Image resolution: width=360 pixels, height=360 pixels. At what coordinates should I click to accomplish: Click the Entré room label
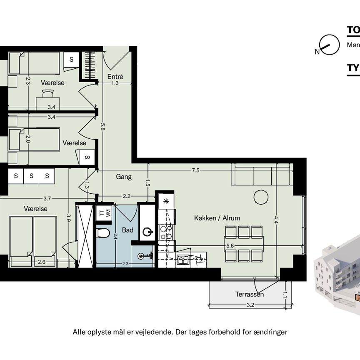[115, 77]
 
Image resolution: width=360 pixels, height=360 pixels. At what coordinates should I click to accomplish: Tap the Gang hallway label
[124, 177]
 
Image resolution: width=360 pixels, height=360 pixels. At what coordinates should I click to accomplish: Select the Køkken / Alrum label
[217, 218]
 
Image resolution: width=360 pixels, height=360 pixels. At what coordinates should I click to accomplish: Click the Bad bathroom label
[127, 230]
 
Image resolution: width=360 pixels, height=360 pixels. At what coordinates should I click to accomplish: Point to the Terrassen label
[250, 295]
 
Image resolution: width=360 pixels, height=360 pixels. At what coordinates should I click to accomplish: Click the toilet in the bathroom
[102, 232]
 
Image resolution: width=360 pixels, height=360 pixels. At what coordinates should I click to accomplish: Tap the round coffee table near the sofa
[261, 197]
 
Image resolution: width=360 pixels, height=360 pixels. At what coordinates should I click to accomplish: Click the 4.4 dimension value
[276, 222]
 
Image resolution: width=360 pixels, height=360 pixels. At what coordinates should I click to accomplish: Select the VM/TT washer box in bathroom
[103, 213]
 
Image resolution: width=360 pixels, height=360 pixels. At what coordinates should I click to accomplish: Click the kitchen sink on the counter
[182, 260]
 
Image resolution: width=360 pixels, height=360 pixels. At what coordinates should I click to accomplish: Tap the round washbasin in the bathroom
[147, 232]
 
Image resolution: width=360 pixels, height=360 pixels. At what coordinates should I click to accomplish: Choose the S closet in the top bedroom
[71, 60]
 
